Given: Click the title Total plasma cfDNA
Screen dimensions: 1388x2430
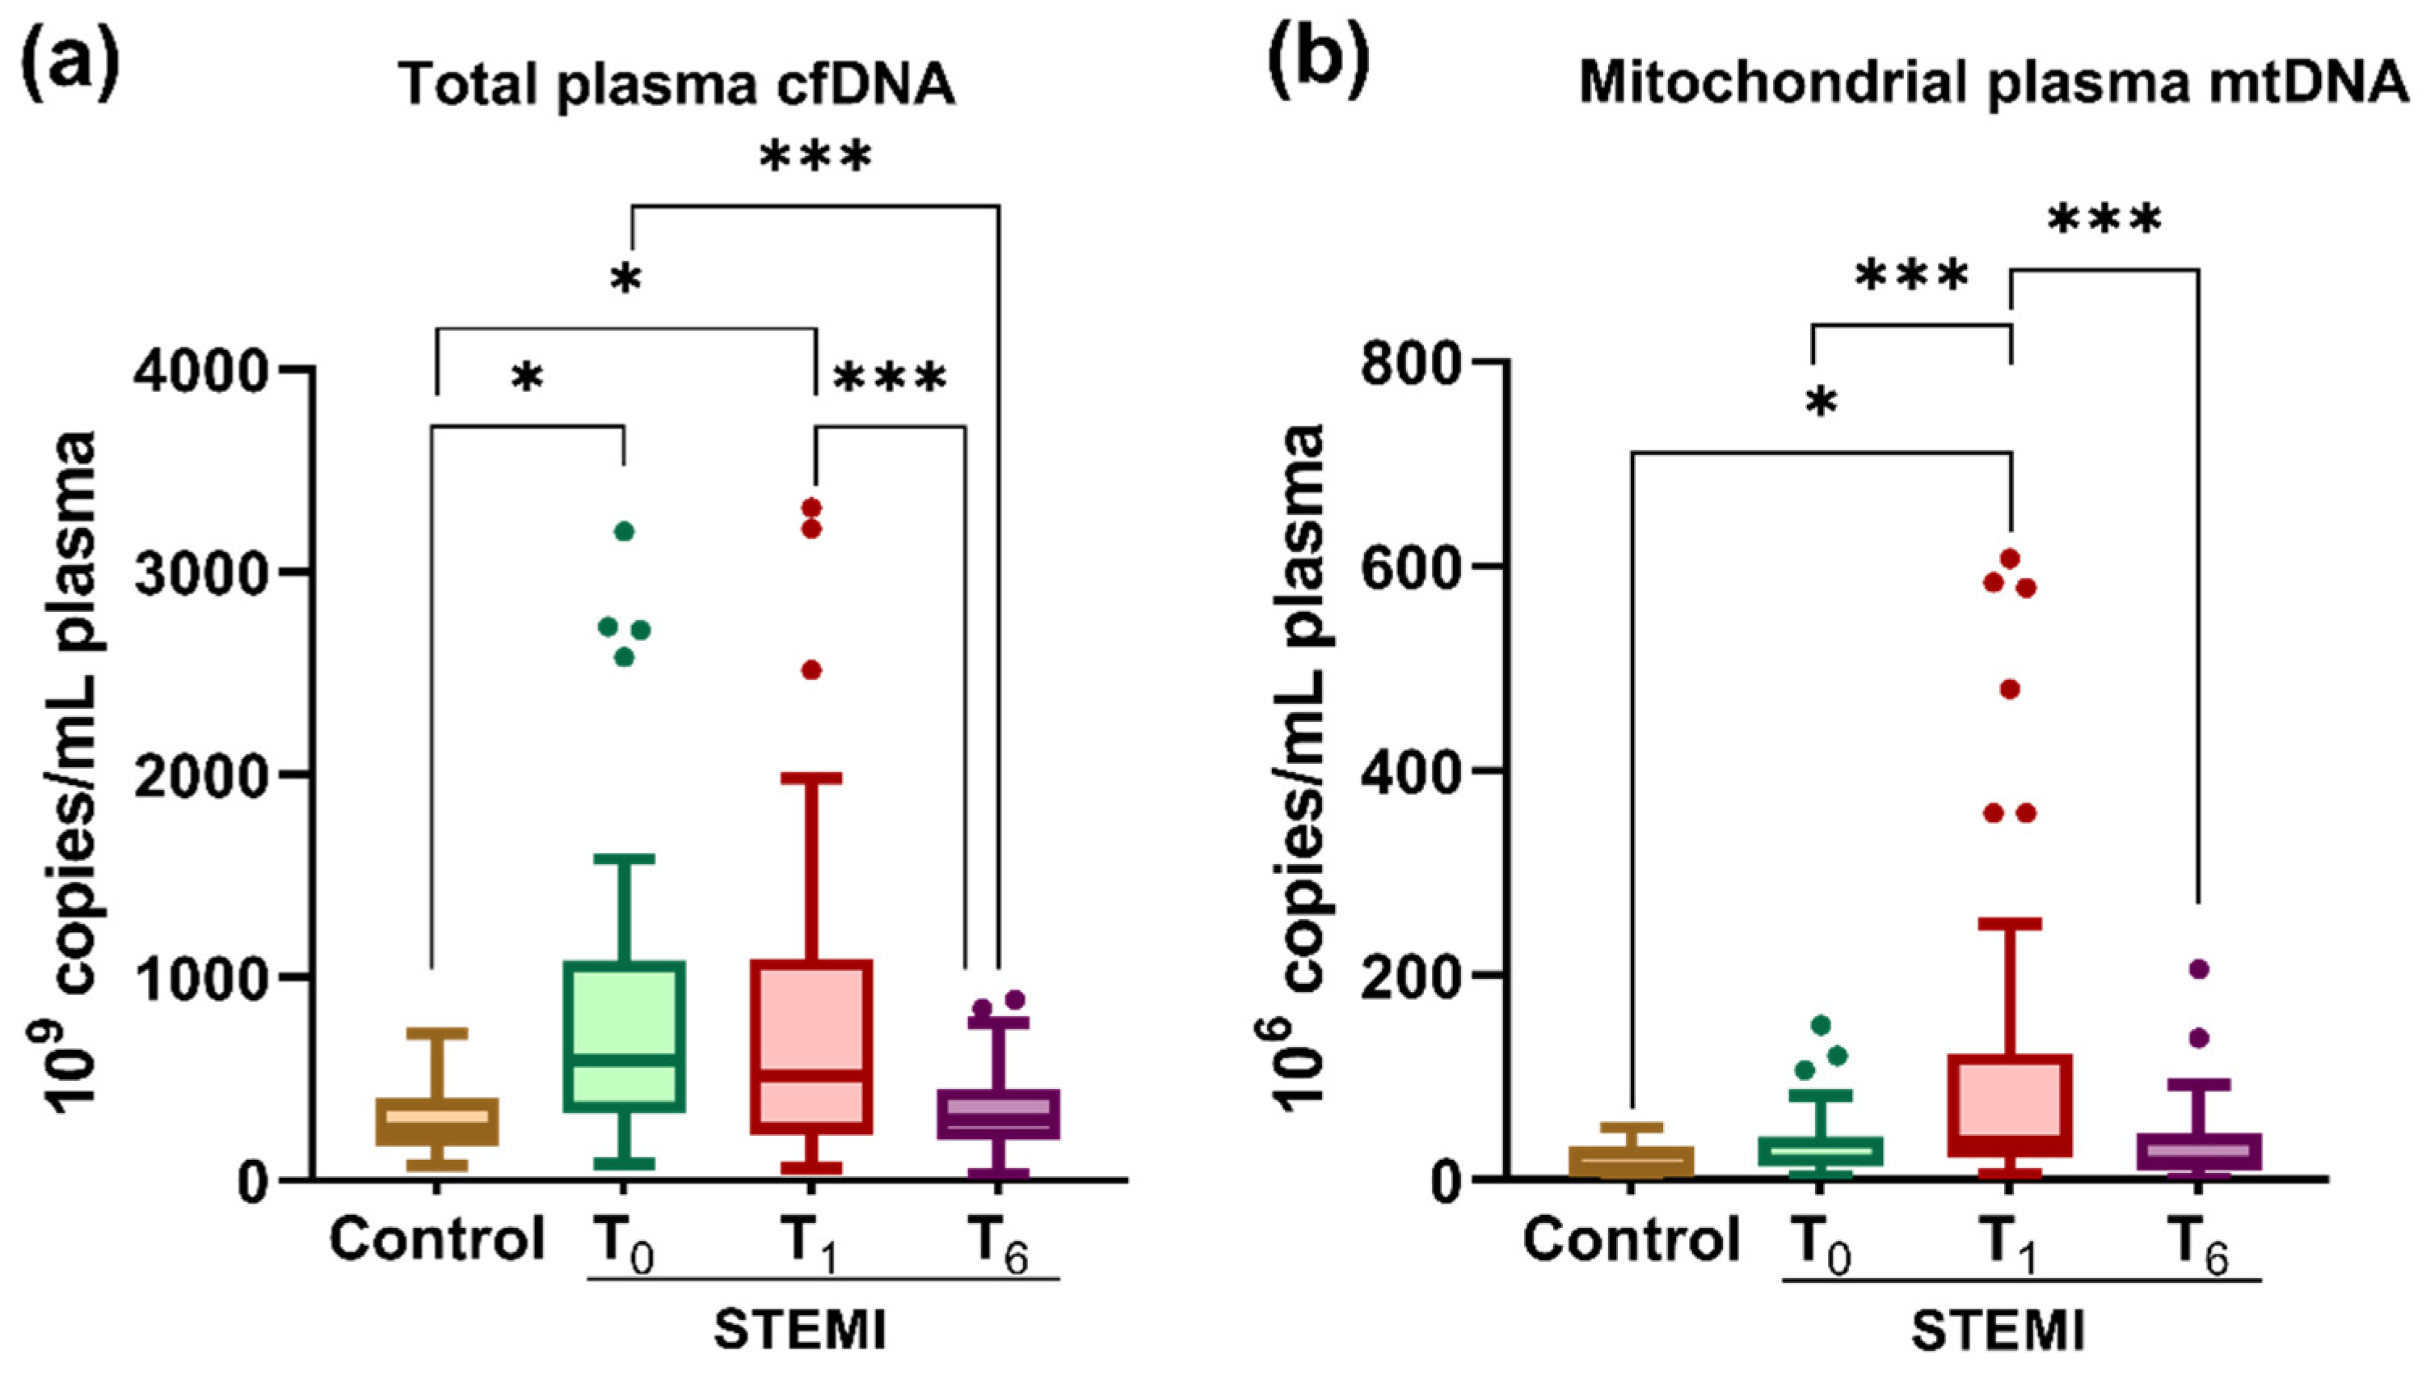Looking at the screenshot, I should click(x=676, y=84).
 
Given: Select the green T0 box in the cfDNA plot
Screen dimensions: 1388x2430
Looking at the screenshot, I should click(x=624, y=1036).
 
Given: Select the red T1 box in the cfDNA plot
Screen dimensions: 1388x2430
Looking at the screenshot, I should click(x=811, y=1047).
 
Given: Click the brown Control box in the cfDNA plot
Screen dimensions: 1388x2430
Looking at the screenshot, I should click(x=436, y=1122).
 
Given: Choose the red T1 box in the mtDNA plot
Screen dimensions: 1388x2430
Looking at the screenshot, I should click(x=2010, y=1105).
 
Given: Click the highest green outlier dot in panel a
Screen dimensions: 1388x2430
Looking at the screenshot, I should click(x=624, y=531).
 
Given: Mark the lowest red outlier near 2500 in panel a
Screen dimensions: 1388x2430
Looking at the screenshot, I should click(x=811, y=670).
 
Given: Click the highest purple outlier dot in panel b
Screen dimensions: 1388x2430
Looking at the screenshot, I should click(x=2198, y=969).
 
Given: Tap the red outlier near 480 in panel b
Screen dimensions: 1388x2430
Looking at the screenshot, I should click(x=2010, y=690).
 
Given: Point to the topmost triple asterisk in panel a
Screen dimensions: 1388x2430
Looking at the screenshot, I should click(x=815, y=158).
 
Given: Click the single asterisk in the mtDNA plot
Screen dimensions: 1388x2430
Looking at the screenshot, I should click(x=1821, y=403).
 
